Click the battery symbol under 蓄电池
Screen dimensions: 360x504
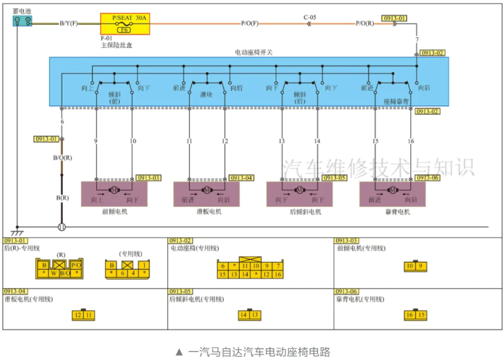22,21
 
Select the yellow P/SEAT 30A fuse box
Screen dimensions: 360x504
125,24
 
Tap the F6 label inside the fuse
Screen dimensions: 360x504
123,30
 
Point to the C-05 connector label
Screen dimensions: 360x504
310,17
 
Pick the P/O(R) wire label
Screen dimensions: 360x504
364,23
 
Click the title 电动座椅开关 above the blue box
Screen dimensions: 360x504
253,52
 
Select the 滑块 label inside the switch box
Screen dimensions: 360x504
206,94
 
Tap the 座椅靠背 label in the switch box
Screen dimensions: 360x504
396,101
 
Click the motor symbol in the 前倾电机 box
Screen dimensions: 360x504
113,190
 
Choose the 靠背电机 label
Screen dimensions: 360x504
392,212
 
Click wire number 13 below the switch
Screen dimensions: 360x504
282,141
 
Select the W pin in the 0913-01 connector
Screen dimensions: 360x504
54,273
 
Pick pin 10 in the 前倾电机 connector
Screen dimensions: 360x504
410,267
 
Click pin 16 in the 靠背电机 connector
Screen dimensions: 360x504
410,315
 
